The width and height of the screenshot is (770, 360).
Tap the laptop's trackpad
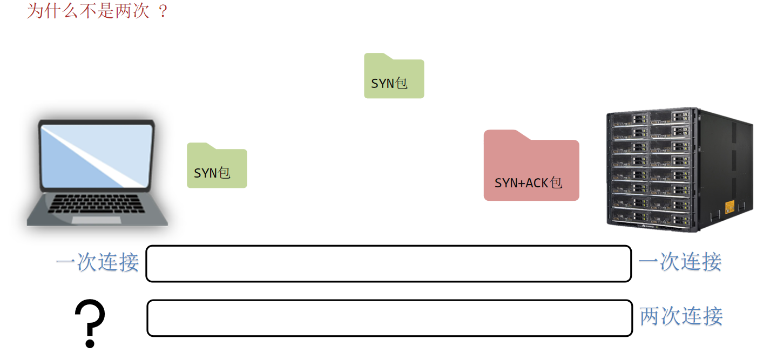96,220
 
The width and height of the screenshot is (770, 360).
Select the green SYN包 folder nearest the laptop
217,166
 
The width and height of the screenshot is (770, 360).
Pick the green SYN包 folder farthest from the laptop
394,77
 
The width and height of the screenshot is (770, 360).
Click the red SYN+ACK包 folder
531,166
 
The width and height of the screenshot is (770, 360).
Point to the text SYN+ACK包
528,183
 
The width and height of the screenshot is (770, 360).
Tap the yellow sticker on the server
730,206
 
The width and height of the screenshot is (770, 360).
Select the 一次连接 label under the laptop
97,262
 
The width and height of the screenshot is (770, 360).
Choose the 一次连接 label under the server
680,262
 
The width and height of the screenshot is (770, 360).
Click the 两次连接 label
681,316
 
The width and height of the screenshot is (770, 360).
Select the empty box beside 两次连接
389,318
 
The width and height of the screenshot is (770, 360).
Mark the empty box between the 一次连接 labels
388,263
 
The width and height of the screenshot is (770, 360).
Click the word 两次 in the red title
132,11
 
